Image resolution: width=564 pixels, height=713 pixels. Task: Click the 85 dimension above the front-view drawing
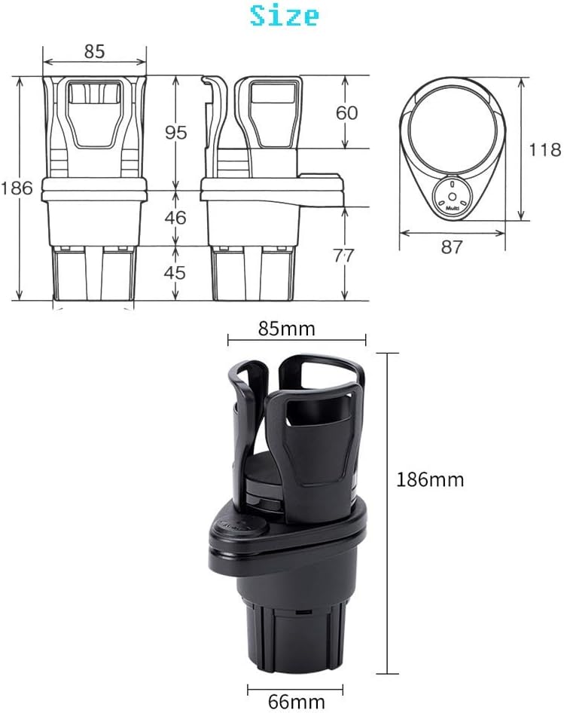pyautogui.click(x=95, y=51)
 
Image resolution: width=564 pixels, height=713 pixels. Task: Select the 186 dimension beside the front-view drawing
pyautogui.click(x=17, y=188)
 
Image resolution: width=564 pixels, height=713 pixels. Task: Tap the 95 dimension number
pyautogui.click(x=176, y=133)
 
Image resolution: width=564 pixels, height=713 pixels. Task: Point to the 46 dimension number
pyautogui.click(x=175, y=218)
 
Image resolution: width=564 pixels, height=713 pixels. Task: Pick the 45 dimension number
pyautogui.click(x=175, y=272)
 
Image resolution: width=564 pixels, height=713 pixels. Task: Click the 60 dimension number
pyautogui.click(x=347, y=113)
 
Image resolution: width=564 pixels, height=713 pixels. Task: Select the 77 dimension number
pyautogui.click(x=343, y=256)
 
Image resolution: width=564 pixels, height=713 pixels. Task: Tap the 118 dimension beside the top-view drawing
pyautogui.click(x=545, y=149)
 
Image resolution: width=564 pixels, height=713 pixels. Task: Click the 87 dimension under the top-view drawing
pyautogui.click(x=452, y=247)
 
